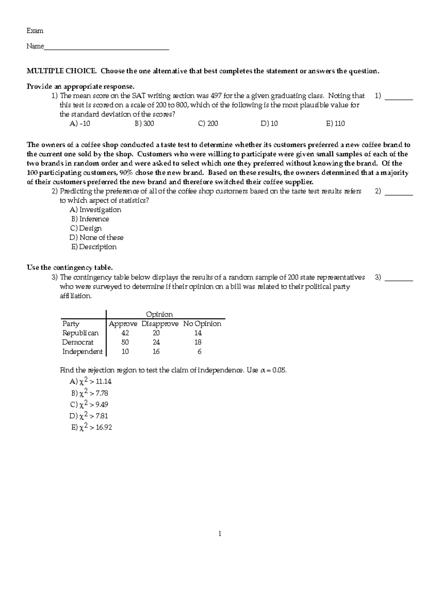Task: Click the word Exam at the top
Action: pyautogui.click(x=35, y=31)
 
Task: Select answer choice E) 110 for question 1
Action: pyautogui.click(x=335, y=124)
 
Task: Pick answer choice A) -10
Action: pyautogui.click(x=80, y=124)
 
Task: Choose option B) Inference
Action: pyautogui.click(x=90, y=219)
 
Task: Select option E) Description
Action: pyautogui.click(x=94, y=247)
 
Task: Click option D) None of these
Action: pyautogui.click(x=96, y=238)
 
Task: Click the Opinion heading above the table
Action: pyautogui.click(x=159, y=314)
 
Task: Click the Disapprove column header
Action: pyautogui.click(x=160, y=324)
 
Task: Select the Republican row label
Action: pyautogui.click(x=80, y=333)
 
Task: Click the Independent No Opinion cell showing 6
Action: pyautogui.click(x=199, y=352)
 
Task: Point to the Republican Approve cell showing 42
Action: pyautogui.click(x=125, y=333)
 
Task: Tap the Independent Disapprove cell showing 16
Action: pyautogui.click(x=156, y=352)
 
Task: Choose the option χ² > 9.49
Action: pyautogui.click(x=89, y=404)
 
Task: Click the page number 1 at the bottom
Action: pyautogui.click(x=220, y=533)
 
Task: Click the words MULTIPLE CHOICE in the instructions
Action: pyautogui.click(x=61, y=71)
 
